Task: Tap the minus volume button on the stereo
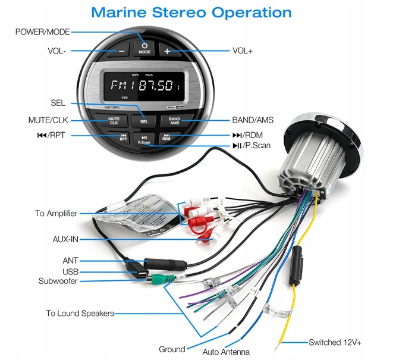click(121, 51)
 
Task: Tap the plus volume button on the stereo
click(167, 51)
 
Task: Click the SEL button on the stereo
click(144, 120)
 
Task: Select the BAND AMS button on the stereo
click(174, 120)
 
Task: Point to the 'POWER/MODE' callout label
click(42, 32)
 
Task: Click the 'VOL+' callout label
click(243, 51)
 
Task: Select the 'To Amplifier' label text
click(56, 213)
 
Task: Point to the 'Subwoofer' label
click(58, 281)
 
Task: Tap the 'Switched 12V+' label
click(335, 342)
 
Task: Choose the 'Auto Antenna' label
click(226, 352)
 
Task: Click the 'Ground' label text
click(172, 349)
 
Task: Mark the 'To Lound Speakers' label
click(80, 313)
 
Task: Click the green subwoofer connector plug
click(159, 278)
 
